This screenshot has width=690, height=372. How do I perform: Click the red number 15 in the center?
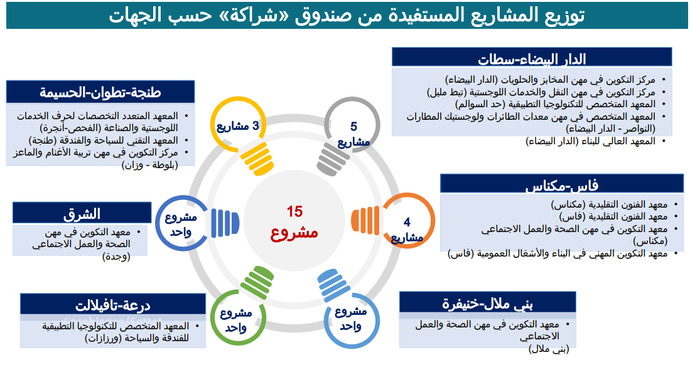click(295, 211)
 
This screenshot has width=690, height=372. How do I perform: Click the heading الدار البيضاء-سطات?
click(532, 59)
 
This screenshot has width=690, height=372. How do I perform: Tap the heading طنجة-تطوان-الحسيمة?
click(100, 92)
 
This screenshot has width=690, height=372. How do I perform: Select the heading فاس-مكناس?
click(562, 186)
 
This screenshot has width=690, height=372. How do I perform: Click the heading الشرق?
click(82, 214)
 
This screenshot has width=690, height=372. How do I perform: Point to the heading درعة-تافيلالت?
click(112, 305)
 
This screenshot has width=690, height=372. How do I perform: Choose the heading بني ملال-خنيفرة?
click(487, 304)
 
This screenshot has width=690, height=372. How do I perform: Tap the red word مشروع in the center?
click(294, 231)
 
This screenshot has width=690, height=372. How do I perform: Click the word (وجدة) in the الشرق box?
click(116, 256)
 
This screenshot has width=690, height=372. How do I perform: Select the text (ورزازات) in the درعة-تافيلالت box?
click(103, 337)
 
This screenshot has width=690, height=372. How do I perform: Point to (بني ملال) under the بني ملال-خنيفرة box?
click(549, 349)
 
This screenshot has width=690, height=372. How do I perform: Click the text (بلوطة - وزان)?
click(149, 165)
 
